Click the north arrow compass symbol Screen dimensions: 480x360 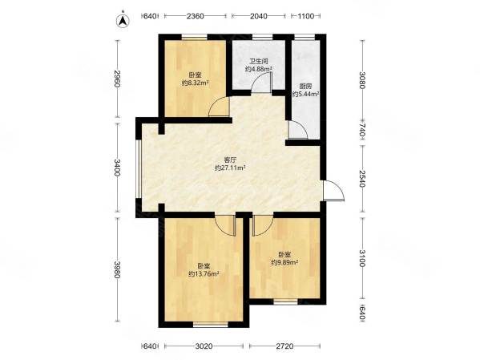point(123,21)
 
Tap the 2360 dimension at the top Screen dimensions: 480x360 point(196,16)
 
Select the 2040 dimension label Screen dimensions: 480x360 point(259,16)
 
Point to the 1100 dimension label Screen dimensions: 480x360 point(306,16)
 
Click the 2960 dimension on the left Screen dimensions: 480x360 point(117,79)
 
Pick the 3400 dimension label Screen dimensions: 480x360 point(117,168)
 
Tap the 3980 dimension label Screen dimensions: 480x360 point(117,269)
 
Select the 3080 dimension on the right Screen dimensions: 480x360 point(362,80)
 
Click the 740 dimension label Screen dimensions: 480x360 point(362,130)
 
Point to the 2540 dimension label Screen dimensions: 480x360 point(362,179)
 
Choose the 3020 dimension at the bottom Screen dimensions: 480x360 point(204,346)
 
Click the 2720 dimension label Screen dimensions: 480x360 point(284,346)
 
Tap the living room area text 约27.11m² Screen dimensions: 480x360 point(230,168)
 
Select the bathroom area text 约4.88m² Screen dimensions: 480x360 point(259,69)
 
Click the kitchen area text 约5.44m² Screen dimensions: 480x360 point(306,94)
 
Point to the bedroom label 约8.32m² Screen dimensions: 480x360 point(196,83)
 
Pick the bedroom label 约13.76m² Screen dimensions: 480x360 point(204,274)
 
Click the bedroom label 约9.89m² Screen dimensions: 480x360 point(284,262)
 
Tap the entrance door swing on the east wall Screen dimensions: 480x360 point(334,191)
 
